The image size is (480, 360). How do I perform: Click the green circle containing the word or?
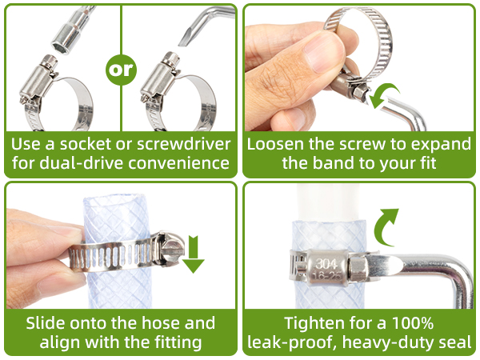[x=121, y=70]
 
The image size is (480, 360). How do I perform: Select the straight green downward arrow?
[x=194, y=254]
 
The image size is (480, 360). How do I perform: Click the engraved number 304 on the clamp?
[x=326, y=264]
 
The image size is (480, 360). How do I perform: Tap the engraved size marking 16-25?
[x=326, y=276]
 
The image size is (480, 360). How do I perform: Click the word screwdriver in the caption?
[x=183, y=144]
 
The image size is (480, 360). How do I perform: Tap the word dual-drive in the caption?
[x=82, y=162]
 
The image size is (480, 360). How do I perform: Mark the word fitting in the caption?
[x=178, y=342]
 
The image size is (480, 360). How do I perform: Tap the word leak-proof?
[x=290, y=342]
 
